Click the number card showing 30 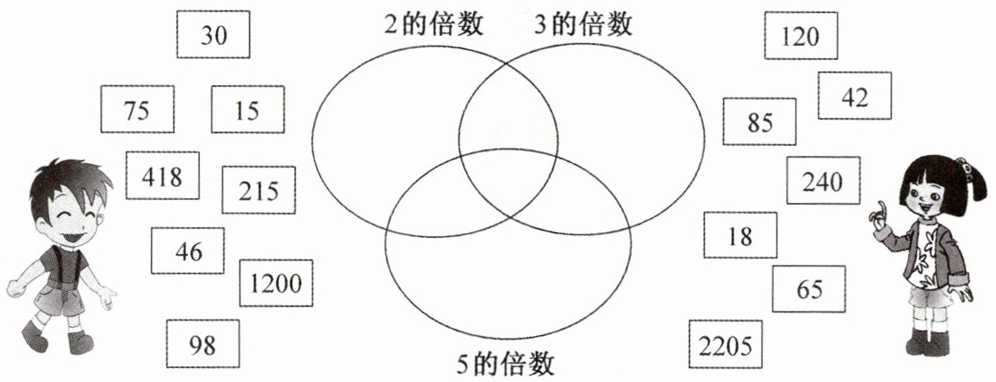click(213, 35)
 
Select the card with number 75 click(137, 109)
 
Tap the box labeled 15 click(248, 109)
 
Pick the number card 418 click(162, 175)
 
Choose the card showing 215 click(259, 190)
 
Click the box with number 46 click(188, 251)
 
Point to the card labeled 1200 click(276, 284)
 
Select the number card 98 click(202, 343)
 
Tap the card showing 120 click(801, 35)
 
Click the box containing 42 click(854, 96)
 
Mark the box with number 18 click(739, 235)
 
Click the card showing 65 click(808, 289)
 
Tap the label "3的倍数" click(584, 25)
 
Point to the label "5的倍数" click(507, 362)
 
